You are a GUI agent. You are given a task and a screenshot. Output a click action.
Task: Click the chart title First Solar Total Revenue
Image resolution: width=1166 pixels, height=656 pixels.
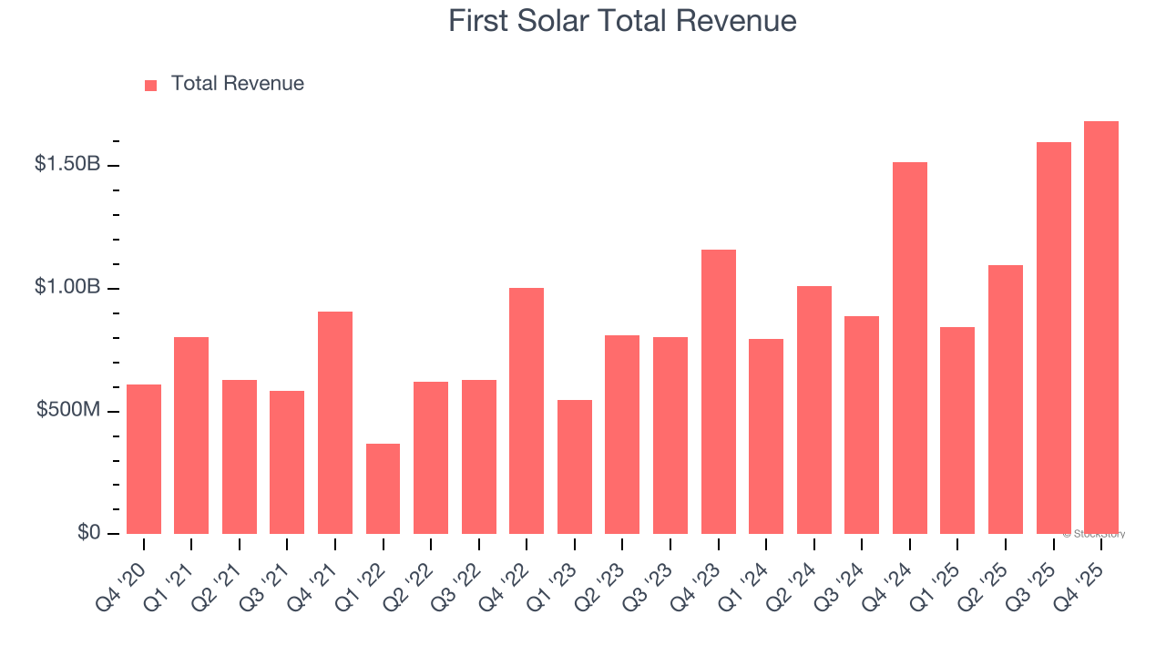coord(622,21)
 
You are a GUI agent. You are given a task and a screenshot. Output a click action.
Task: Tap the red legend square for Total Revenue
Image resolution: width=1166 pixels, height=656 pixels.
coord(151,85)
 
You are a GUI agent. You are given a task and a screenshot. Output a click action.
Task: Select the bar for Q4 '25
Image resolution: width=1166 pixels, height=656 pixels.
coord(1100,327)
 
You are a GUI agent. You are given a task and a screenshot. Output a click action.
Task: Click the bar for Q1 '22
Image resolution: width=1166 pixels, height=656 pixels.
coord(383,488)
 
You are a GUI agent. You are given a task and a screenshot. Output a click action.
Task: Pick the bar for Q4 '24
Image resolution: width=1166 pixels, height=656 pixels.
coord(909,348)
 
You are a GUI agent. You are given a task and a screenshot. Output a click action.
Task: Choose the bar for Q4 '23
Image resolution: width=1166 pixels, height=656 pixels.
coord(718,392)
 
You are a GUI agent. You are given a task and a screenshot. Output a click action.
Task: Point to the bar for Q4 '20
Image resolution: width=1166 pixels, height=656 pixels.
coord(144,459)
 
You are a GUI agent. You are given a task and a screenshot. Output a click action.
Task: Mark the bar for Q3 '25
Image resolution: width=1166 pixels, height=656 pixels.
coord(1053,338)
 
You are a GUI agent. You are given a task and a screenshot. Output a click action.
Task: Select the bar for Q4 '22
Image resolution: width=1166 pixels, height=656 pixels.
coord(527,411)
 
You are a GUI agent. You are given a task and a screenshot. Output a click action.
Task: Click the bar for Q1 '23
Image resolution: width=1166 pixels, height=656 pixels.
coord(574,466)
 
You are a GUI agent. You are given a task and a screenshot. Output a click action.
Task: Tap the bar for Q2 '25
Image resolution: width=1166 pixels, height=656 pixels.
coord(1005,399)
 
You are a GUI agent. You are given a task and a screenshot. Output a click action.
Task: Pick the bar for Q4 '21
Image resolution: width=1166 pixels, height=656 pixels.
coord(335,423)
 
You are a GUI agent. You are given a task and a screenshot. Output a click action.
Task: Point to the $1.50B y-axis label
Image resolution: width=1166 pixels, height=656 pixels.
coord(66,164)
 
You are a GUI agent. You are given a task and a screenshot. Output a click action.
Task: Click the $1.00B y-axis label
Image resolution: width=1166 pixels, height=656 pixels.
coord(66,287)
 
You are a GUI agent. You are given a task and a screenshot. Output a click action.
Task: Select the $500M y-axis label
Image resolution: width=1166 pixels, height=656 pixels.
coord(68,410)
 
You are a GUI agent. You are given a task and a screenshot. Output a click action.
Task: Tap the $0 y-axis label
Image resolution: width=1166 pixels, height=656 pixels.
coord(87,533)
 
